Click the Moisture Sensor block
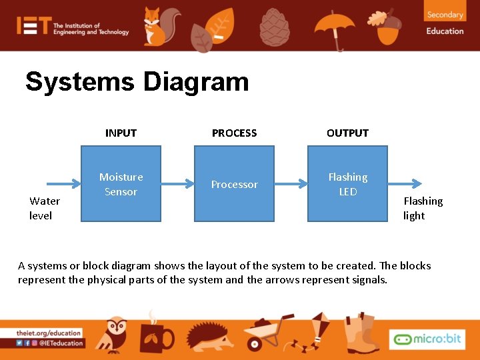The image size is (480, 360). (x=121, y=185)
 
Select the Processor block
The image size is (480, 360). (x=234, y=185)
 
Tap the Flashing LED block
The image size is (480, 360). (x=347, y=185)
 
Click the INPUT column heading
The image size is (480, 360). (x=121, y=133)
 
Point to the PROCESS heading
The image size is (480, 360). (x=234, y=133)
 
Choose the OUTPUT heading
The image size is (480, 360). (x=347, y=133)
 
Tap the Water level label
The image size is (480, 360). (x=44, y=208)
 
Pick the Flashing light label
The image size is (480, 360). (x=422, y=208)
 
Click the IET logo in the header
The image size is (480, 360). (x=33, y=26)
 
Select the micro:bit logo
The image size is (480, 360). (x=427, y=339)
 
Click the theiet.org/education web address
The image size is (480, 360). (x=49, y=333)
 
